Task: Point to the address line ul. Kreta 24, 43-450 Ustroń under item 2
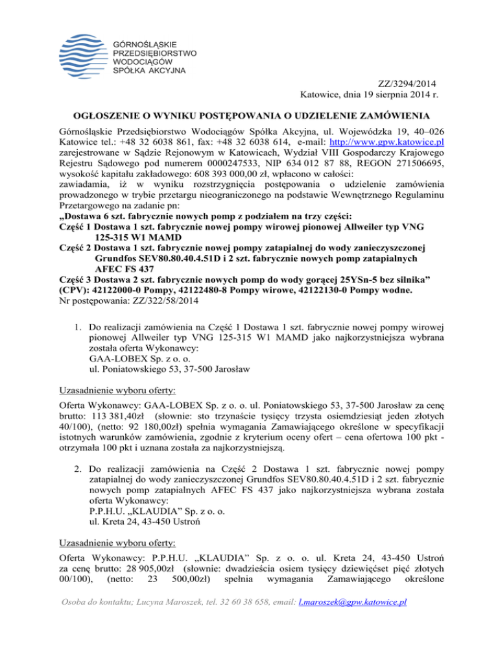(x=154, y=542)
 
